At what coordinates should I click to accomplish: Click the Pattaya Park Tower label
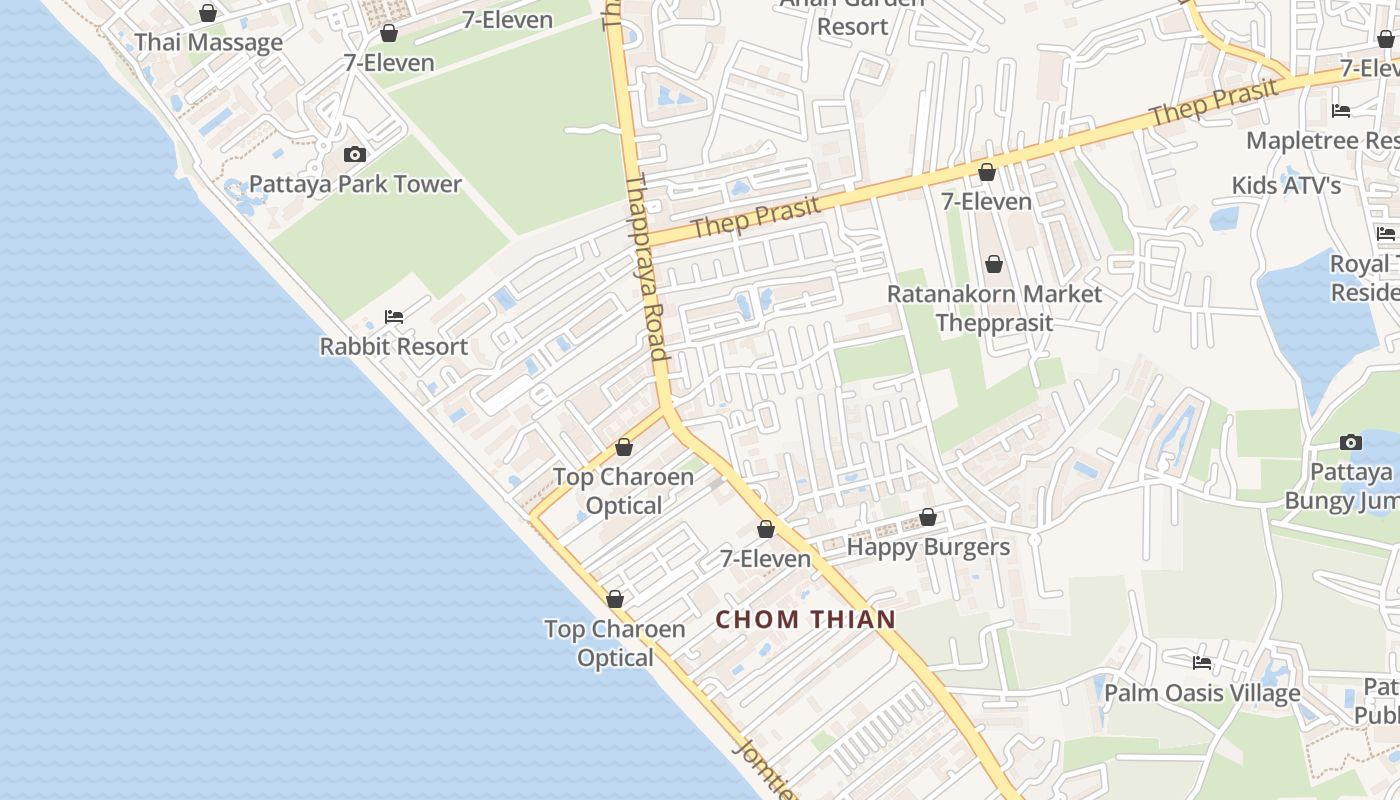pyautogui.click(x=355, y=184)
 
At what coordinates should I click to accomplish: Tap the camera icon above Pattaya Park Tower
pyautogui.click(x=354, y=154)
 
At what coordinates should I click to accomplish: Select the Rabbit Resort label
pyautogui.click(x=394, y=346)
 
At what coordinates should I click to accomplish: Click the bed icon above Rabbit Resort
pyautogui.click(x=394, y=317)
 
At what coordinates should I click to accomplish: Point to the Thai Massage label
pyautogui.click(x=208, y=42)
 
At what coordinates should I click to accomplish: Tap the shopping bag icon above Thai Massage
pyautogui.click(x=208, y=13)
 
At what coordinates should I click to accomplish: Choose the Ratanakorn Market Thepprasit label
pyautogui.click(x=995, y=308)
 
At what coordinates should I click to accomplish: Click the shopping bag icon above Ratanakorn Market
pyautogui.click(x=994, y=264)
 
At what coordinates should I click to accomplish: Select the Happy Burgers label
pyautogui.click(x=928, y=547)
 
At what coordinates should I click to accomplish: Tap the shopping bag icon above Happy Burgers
pyautogui.click(x=928, y=517)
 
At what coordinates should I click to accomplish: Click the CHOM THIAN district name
pyautogui.click(x=806, y=619)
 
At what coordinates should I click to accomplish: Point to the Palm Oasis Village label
pyautogui.click(x=1202, y=693)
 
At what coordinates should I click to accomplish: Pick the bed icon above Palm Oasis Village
pyautogui.click(x=1202, y=662)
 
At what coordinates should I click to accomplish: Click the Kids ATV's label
pyautogui.click(x=1286, y=185)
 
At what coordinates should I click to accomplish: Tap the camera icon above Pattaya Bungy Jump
pyautogui.click(x=1350, y=442)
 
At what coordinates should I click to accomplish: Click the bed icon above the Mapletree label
pyautogui.click(x=1341, y=110)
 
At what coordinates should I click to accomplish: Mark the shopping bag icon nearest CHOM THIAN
pyautogui.click(x=766, y=529)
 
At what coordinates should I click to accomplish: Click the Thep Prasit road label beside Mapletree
pyautogui.click(x=1214, y=103)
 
